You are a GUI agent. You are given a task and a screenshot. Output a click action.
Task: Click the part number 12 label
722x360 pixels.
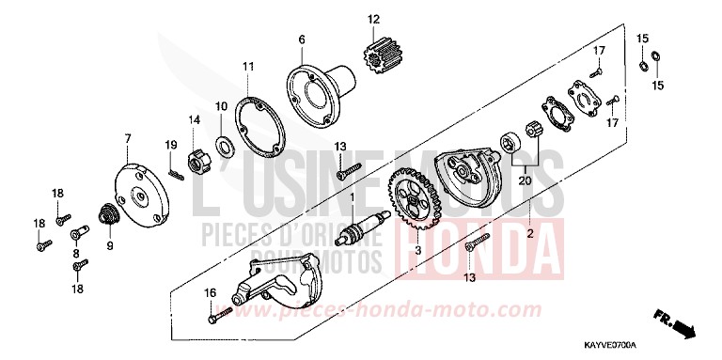click(373, 19)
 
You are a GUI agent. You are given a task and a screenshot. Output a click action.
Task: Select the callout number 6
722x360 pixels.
click(303, 39)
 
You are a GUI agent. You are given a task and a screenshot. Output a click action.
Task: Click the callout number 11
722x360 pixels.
click(247, 67)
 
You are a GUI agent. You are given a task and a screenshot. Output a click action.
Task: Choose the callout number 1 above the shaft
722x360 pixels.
click(352, 199)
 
